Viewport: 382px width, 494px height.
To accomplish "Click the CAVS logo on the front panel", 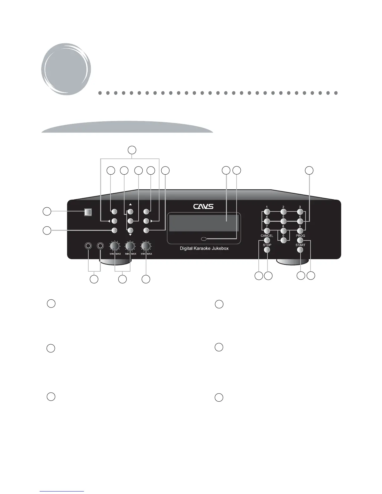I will [203, 206].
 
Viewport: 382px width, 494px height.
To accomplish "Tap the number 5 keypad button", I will [283, 221].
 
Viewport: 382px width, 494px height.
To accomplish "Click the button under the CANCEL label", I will [267, 240].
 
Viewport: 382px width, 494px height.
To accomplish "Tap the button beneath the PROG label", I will [300, 240].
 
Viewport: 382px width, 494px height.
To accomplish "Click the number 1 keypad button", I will [267, 212].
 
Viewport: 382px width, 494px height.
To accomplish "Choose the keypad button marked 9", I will [300, 231].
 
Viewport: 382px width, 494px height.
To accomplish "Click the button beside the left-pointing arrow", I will [114, 221].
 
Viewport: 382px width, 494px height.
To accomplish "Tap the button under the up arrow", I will [130, 212].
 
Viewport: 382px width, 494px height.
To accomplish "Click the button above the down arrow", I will [130, 230].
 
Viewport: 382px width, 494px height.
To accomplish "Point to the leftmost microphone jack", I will [88, 246].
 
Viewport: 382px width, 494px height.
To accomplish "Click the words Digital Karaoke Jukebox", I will [204, 249].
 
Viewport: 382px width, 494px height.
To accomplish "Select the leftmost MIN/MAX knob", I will [115, 246].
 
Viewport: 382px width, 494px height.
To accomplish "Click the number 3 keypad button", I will [300, 212].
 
